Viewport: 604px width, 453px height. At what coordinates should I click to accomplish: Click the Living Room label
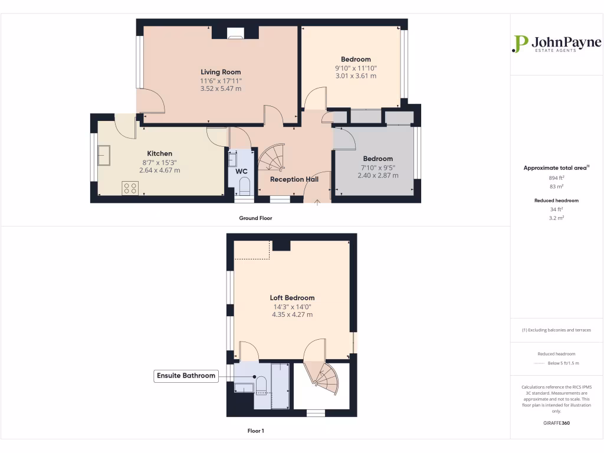click(221, 72)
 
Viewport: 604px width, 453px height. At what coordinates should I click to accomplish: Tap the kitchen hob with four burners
click(130, 188)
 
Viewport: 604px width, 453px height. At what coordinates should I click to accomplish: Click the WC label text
click(241, 172)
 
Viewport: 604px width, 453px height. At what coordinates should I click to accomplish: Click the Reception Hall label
click(294, 179)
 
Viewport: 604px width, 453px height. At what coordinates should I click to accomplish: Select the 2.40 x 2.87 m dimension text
click(377, 175)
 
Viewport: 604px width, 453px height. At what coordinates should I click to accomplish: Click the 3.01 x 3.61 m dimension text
click(356, 75)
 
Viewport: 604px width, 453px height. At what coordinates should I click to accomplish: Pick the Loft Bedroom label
click(292, 298)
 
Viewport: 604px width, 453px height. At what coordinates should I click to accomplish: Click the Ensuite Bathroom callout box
click(186, 376)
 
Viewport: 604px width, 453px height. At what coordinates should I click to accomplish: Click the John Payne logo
click(556, 44)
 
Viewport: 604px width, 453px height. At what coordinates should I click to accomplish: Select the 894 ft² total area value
click(556, 178)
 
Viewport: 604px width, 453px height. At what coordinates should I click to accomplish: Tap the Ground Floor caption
click(255, 218)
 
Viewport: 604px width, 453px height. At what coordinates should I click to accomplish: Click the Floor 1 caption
click(255, 431)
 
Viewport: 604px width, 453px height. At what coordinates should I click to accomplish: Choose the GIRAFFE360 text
click(556, 423)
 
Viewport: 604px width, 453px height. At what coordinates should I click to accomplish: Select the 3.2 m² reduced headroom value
click(556, 218)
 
